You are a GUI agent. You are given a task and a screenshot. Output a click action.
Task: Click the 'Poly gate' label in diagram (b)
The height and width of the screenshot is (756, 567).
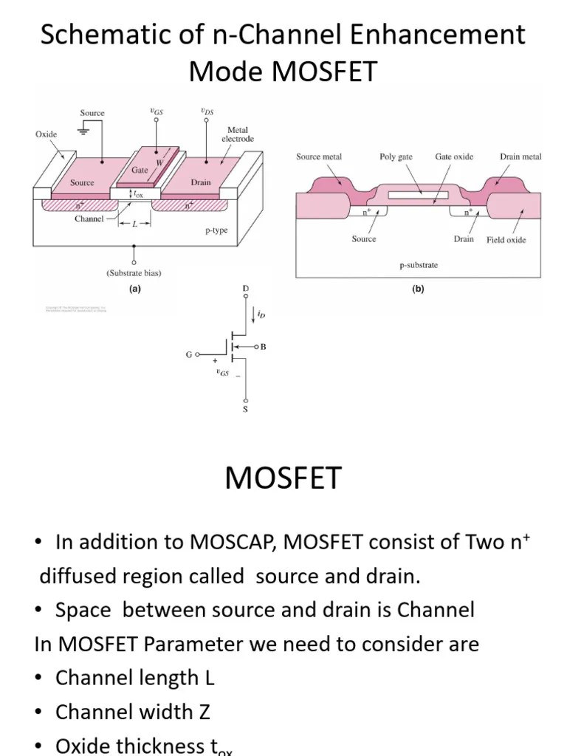[x=396, y=157]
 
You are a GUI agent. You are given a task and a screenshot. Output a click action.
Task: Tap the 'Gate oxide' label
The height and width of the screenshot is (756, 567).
[x=454, y=157]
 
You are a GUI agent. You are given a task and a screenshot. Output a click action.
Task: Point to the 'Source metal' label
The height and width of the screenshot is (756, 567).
[x=318, y=157]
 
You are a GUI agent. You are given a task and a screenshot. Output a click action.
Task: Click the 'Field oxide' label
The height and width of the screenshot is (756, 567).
[x=506, y=240]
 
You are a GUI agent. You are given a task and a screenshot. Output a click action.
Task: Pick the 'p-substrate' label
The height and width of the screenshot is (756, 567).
[x=419, y=264]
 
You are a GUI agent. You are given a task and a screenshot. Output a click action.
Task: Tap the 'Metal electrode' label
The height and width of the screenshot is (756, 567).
[x=237, y=134]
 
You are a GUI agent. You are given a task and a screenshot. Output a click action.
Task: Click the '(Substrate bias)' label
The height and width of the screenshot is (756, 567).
[x=134, y=272]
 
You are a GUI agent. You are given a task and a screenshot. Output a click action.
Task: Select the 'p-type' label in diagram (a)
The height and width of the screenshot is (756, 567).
[x=216, y=230]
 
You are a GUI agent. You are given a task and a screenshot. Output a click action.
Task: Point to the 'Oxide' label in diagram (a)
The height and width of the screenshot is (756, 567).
[x=46, y=134]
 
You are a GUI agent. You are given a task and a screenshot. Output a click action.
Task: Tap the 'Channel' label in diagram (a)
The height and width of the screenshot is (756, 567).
[x=89, y=219]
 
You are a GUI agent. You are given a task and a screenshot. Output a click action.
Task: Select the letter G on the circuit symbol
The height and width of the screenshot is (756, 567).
[x=189, y=355]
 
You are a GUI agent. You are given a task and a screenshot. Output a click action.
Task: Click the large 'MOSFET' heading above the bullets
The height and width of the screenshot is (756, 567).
[x=283, y=478]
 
